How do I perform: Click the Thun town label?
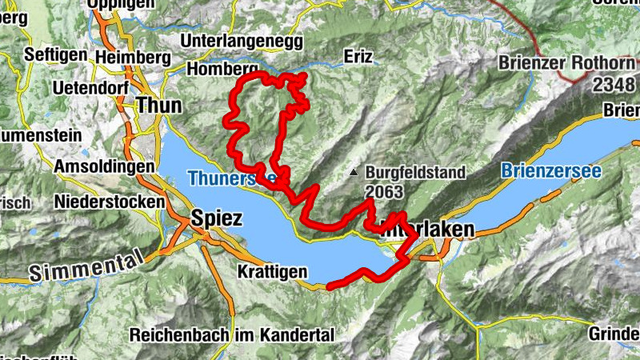(159, 105)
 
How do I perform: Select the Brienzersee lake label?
(550, 170)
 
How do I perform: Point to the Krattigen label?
(272, 273)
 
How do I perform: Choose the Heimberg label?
(132, 58)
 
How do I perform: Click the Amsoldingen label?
(104, 166)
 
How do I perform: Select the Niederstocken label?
(110, 202)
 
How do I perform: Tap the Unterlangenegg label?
(243, 40)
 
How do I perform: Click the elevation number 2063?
(385, 192)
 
